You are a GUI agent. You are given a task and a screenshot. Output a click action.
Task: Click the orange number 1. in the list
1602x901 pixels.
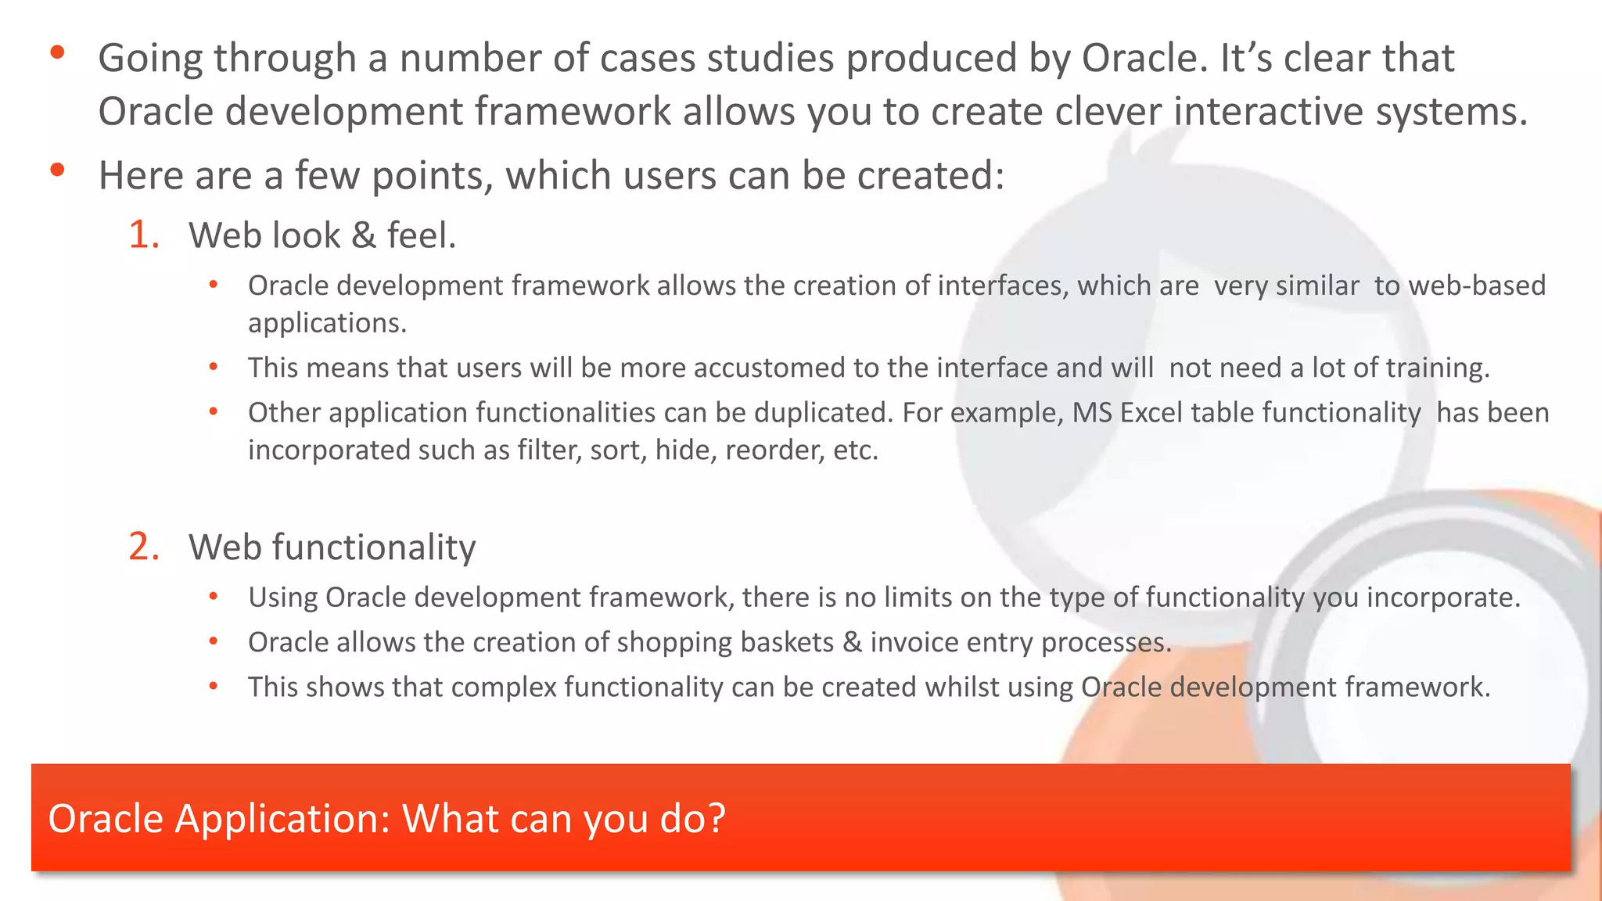tap(144, 235)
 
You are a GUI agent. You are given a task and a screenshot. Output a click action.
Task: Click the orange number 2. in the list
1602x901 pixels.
tap(144, 547)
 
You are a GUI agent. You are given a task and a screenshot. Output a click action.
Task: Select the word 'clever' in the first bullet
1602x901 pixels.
tap(1108, 111)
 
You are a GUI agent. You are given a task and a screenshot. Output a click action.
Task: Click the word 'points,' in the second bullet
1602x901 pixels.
tap(433, 175)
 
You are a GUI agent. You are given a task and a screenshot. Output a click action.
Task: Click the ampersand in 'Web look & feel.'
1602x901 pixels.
tap(364, 235)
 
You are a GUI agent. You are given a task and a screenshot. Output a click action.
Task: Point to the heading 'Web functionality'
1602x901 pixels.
tap(332, 547)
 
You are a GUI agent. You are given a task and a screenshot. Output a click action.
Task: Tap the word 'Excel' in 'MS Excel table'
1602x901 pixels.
tap(1151, 413)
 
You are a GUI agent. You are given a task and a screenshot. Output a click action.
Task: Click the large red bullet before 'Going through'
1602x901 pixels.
tap(56, 53)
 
